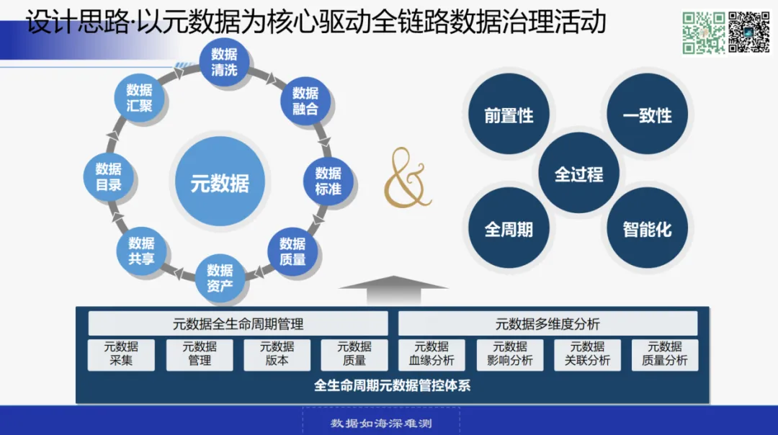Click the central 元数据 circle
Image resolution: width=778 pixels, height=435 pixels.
(x=220, y=181)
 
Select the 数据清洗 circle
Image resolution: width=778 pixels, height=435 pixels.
(x=224, y=62)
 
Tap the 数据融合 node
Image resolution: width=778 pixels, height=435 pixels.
(x=305, y=101)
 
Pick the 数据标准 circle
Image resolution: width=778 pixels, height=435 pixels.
(x=328, y=181)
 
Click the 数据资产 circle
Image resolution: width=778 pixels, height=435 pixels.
(x=220, y=278)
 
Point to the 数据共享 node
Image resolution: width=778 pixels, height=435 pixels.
(x=141, y=251)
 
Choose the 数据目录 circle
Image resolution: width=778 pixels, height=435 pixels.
(x=109, y=176)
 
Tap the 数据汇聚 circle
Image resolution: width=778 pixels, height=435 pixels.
(x=139, y=98)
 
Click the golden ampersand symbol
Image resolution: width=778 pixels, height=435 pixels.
(x=407, y=178)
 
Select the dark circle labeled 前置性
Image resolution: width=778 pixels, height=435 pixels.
(x=509, y=116)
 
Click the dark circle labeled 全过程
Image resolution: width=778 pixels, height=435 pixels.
(x=578, y=174)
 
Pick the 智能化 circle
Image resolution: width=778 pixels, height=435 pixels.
(x=647, y=229)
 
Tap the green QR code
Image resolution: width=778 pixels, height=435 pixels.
(x=703, y=32)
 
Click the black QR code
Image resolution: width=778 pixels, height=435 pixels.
(x=749, y=32)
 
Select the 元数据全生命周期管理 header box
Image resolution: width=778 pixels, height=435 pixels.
(x=238, y=324)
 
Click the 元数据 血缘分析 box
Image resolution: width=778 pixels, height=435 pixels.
(x=432, y=354)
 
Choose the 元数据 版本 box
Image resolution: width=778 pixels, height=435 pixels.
(x=277, y=354)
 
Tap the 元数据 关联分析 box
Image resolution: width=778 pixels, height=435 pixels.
(x=587, y=354)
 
